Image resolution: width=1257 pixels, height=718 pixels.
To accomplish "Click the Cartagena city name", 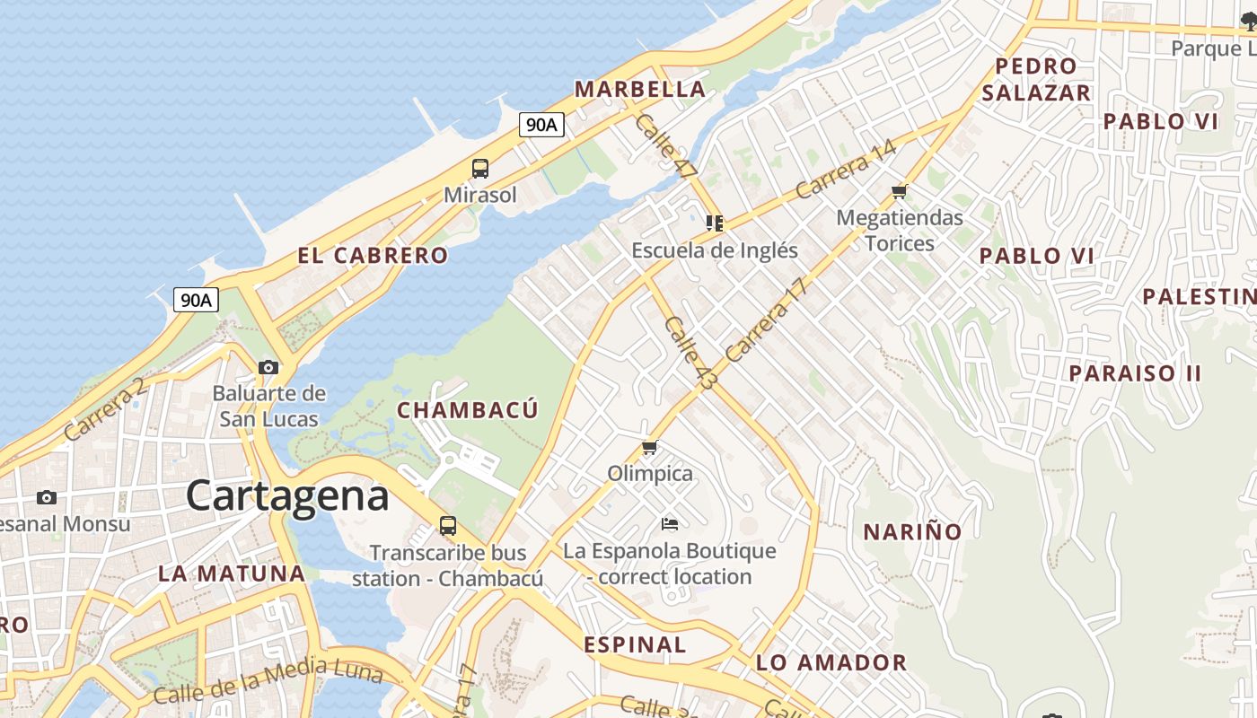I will click(287, 496).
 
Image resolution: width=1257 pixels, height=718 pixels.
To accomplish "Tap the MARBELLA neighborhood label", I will click(639, 89).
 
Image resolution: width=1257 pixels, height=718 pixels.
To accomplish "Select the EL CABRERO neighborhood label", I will click(373, 256).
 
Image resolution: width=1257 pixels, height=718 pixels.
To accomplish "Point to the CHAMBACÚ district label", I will click(467, 410).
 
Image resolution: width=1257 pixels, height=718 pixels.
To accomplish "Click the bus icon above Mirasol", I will click(480, 168).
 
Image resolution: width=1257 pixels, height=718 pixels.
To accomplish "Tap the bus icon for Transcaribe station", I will click(447, 526).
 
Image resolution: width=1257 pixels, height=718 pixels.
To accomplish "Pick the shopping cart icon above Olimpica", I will click(650, 447).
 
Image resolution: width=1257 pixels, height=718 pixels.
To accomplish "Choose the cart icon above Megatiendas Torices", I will click(899, 191).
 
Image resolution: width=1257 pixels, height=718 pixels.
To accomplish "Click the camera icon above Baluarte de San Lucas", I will click(268, 367).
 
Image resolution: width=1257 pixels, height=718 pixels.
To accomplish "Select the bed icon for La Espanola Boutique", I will click(669, 523).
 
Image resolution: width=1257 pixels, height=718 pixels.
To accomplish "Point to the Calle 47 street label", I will click(665, 146).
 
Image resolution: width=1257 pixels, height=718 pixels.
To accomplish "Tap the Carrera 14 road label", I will click(845, 169).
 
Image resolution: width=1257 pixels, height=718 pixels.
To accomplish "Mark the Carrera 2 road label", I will click(104, 409).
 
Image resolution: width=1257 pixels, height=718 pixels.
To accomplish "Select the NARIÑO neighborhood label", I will click(912, 532).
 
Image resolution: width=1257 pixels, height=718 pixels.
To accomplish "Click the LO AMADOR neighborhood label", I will click(831, 663).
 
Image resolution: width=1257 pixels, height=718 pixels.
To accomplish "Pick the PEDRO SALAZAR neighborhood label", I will click(1036, 79).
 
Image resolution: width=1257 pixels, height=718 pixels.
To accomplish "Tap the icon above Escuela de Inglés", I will click(714, 223).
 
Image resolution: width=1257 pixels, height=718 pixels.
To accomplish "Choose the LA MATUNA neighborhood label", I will click(232, 574).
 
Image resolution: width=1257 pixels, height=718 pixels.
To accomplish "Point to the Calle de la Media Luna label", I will click(268, 679).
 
